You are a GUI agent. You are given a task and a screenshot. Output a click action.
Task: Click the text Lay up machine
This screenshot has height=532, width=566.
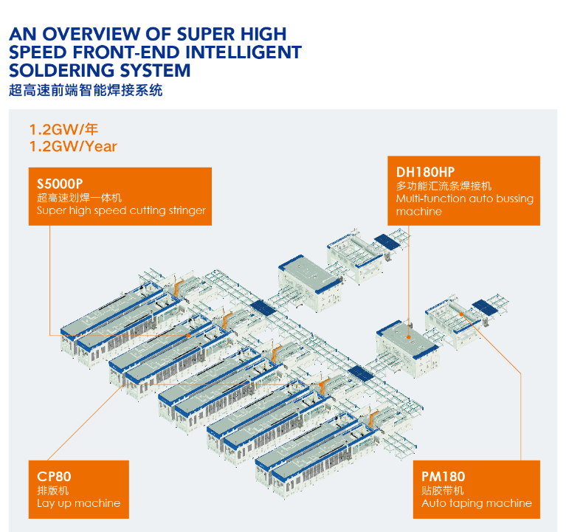pyautogui.click(x=78, y=503)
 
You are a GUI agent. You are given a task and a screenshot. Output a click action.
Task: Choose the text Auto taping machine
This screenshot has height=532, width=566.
pyautogui.click(x=476, y=503)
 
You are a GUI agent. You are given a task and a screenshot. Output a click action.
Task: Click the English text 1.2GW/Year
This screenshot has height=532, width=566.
pyautogui.click(x=72, y=146)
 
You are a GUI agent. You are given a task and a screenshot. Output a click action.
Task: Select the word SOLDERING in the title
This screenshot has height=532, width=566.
pyautogui.click(x=57, y=71)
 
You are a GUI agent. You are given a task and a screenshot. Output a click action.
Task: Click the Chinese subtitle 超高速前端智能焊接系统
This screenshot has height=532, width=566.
pyautogui.click(x=85, y=91)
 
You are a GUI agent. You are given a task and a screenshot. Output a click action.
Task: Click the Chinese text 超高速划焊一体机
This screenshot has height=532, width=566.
pyautogui.click(x=79, y=198)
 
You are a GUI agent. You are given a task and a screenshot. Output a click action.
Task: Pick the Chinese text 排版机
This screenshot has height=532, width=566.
pyautogui.click(x=54, y=491)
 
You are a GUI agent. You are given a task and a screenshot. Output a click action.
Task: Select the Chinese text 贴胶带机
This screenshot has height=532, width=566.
pyautogui.click(x=443, y=491)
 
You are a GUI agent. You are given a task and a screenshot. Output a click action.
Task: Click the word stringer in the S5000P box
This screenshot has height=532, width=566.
pyautogui.click(x=187, y=211)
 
